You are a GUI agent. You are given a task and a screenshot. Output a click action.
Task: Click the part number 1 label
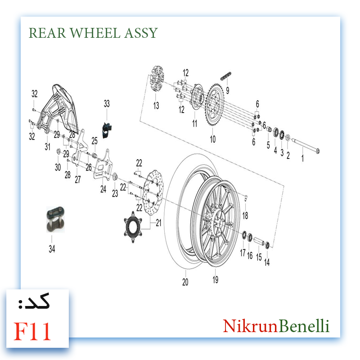click(x=303, y=158)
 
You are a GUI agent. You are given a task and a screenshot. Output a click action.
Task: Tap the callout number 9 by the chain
click(x=228, y=90)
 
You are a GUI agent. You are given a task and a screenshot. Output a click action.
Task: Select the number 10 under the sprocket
click(x=213, y=139)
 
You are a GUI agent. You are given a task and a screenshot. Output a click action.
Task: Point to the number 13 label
click(x=156, y=106)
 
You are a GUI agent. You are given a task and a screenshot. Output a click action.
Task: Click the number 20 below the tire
click(x=185, y=282)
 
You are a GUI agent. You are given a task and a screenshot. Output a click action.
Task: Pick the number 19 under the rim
click(x=216, y=280)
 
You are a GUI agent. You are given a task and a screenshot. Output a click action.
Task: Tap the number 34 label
click(x=52, y=248)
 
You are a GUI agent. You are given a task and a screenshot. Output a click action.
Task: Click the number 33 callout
click(x=107, y=104)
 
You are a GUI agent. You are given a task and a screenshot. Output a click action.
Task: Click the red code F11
click(x=32, y=331)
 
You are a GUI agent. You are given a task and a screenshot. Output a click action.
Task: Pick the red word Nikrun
click(x=250, y=326)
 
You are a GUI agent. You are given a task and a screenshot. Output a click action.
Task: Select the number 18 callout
click(x=245, y=216)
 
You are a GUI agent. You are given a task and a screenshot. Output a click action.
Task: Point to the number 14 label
click(x=267, y=262)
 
